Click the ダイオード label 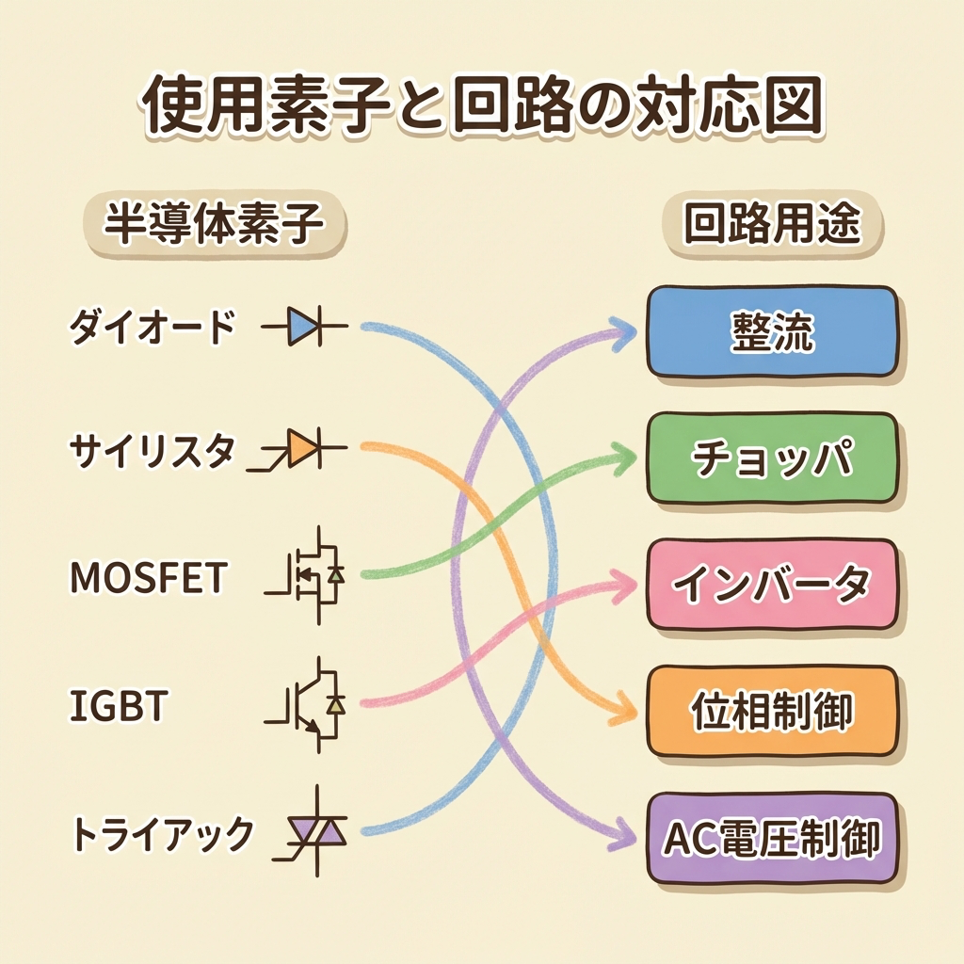point(151,329)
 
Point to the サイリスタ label point(151,453)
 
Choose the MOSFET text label point(148,578)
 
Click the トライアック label point(162,832)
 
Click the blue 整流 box point(771,331)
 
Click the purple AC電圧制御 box point(771,837)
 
